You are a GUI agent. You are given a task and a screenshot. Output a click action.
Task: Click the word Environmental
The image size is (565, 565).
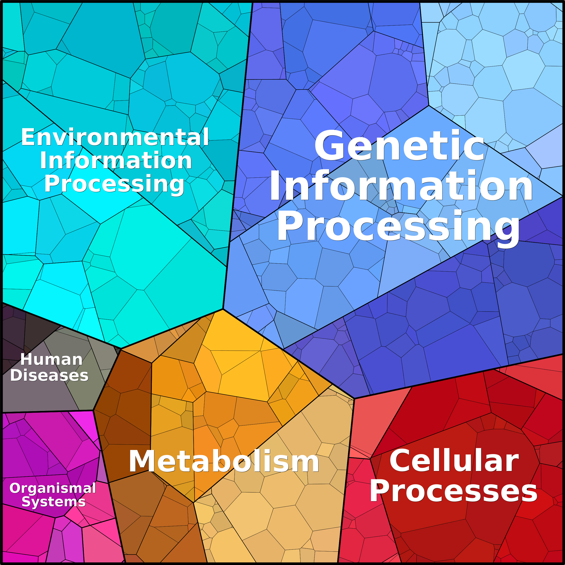coord(115,137)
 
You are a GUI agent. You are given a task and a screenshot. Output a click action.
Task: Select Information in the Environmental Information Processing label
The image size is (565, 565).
coord(116,161)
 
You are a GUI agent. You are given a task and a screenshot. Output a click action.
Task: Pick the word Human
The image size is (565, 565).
coord(52,359)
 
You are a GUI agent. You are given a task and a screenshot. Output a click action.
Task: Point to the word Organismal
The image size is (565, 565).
coord(53,488)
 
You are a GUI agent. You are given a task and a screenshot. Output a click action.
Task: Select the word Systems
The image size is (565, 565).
coord(54,502)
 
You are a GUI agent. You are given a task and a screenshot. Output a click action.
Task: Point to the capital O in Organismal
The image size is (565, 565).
coord(15,488)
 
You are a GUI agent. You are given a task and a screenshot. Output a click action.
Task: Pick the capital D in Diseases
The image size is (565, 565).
coord(16,375)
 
